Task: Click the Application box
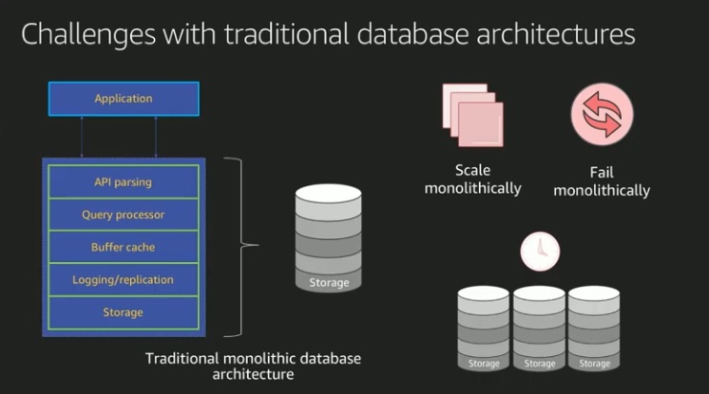click(124, 99)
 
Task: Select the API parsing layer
click(124, 181)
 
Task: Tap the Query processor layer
click(124, 215)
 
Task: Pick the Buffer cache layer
click(124, 247)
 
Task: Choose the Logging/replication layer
click(124, 280)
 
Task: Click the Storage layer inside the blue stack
click(124, 312)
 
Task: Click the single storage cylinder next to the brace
click(328, 237)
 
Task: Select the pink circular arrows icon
click(602, 116)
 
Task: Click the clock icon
click(539, 252)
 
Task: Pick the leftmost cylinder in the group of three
click(485, 328)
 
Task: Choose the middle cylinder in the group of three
click(540, 328)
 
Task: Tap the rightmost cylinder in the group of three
click(595, 328)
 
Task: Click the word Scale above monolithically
click(472, 171)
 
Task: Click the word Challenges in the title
click(86, 35)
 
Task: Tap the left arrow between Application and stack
click(83, 137)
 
